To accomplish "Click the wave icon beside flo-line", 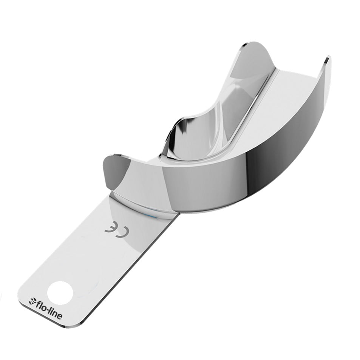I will (x=32, y=301).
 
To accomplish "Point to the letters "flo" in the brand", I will (x=40, y=304).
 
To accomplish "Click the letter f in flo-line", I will (x=37, y=302).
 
